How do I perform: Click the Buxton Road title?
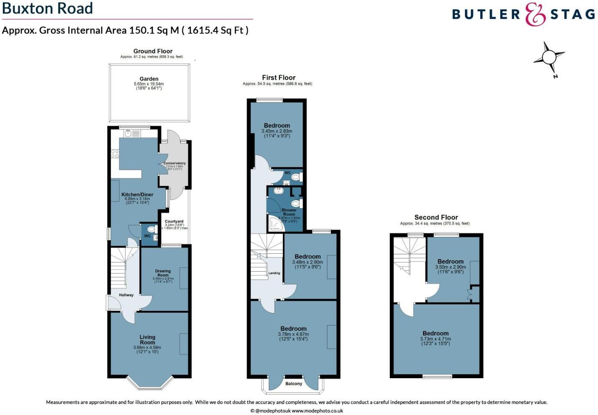(x=48, y=9)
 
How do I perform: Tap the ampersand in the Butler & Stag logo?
(x=535, y=15)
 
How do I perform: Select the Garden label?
(x=149, y=79)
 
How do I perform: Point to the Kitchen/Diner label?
(x=137, y=194)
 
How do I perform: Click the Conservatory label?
(x=174, y=163)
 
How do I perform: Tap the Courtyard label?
(x=174, y=222)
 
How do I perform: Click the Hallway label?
(x=126, y=295)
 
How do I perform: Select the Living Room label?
(x=147, y=339)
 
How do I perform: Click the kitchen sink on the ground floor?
(x=129, y=133)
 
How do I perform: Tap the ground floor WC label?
(x=147, y=236)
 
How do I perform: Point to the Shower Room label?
(x=289, y=212)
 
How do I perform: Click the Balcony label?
(x=294, y=384)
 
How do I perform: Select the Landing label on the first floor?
(x=274, y=273)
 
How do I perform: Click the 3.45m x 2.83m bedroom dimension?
(x=277, y=131)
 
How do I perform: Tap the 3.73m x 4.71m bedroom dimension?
(x=435, y=339)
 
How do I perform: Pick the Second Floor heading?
(x=436, y=217)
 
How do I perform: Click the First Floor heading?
(x=278, y=77)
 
